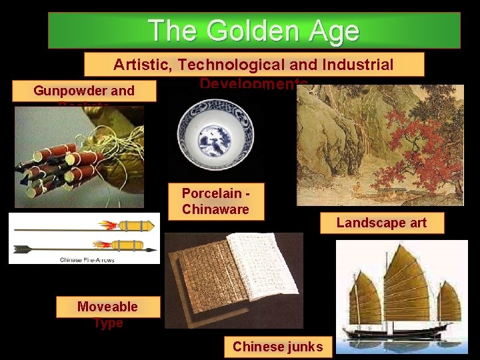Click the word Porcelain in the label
(x=211, y=193)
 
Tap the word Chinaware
(x=215, y=209)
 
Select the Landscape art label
(x=381, y=223)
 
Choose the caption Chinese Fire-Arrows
(x=87, y=259)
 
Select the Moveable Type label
(x=107, y=314)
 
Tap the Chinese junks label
(x=277, y=347)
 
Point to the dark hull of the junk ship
(x=400, y=331)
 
